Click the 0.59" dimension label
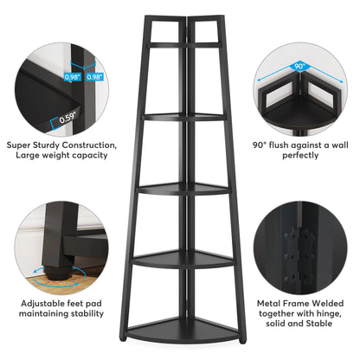point(68,118)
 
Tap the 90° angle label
point(299,66)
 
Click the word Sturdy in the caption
point(47,145)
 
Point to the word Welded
point(328,304)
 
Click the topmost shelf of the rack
point(184,45)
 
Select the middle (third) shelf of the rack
point(183,188)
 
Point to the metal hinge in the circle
point(299,256)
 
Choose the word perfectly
point(300,156)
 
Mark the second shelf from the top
point(183,117)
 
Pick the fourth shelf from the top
point(183,259)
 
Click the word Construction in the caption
point(89,145)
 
